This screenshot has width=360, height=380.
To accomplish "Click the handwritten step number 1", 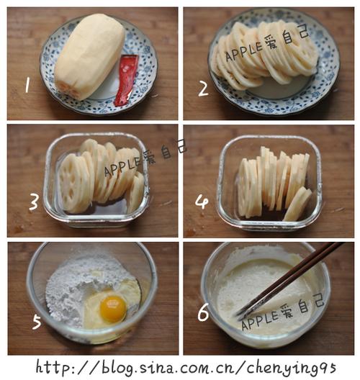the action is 27,85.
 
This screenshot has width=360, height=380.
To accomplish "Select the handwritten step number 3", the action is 33,203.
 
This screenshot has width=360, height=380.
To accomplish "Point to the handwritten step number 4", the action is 202,202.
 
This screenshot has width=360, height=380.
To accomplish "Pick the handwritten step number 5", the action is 37,322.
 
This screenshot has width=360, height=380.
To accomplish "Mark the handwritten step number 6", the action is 203,312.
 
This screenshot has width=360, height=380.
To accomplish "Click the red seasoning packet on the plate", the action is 126,80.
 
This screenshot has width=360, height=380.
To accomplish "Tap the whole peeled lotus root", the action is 89,56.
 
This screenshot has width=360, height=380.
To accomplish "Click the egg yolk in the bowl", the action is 113,309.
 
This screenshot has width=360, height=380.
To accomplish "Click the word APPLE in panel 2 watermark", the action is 244,51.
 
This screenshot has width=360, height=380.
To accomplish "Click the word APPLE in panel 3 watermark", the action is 123,166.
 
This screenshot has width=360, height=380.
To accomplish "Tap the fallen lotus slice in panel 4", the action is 297,204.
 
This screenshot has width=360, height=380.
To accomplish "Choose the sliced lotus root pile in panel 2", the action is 264,55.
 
